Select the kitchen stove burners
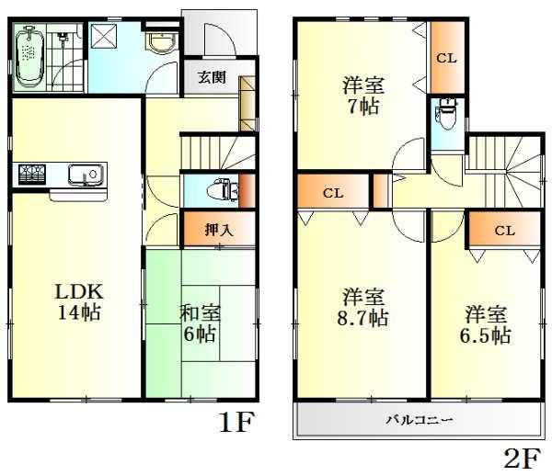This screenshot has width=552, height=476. point(31,173)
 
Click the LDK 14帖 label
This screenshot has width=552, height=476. point(77,301)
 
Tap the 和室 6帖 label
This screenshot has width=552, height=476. point(198,323)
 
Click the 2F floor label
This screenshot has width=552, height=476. point(521,457)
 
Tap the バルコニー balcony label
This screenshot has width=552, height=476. point(419,420)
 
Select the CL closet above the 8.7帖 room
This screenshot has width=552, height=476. point(333,194)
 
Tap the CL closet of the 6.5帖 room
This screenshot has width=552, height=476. point(503,230)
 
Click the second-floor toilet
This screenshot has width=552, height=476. point(445,120)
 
